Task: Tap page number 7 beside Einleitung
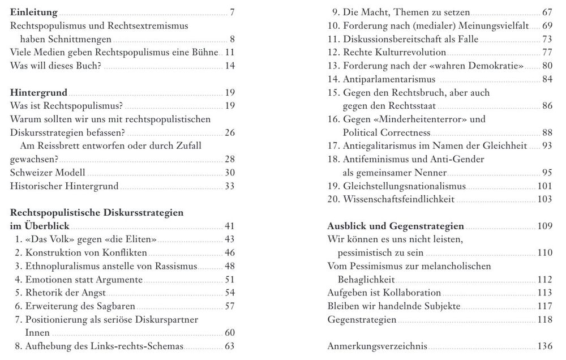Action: [x=232, y=12]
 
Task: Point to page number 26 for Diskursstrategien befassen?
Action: [x=229, y=133]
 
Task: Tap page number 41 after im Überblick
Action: [x=229, y=226]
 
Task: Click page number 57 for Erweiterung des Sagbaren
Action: [x=229, y=307]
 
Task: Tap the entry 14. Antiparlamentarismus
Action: [x=383, y=79]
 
